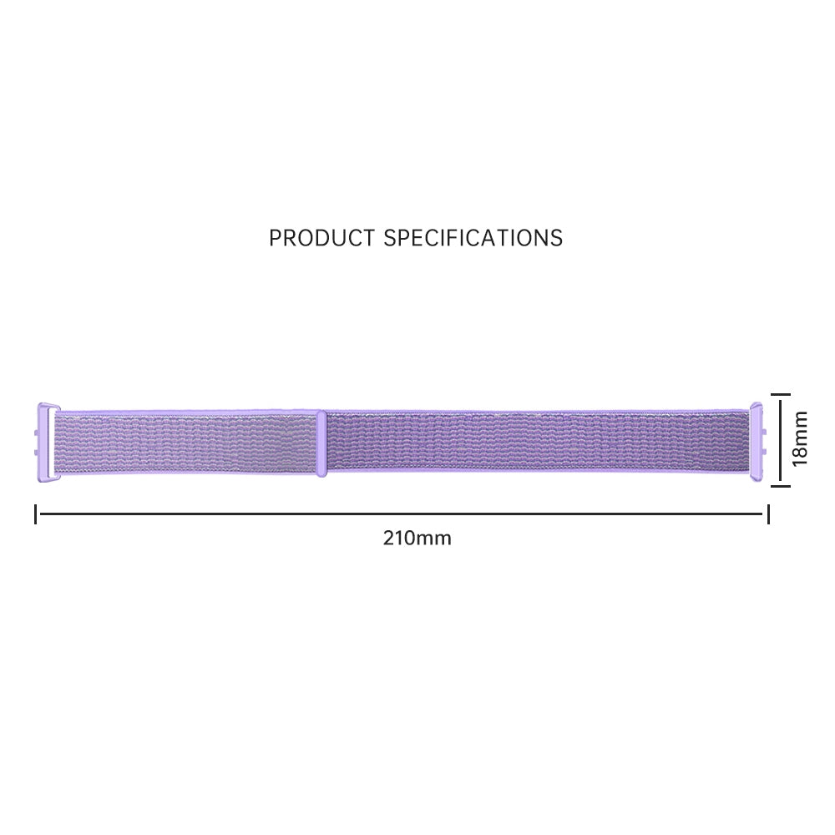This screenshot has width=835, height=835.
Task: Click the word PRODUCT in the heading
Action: point(321,238)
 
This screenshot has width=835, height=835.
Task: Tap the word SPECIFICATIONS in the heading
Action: point(473,238)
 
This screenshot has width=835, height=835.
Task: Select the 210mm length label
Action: point(417,538)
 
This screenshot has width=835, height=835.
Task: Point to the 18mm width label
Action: point(801,439)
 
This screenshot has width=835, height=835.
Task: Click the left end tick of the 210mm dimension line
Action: point(36,514)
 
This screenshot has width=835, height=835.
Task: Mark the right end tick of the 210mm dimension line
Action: point(767,514)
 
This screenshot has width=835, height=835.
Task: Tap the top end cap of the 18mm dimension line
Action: point(780,395)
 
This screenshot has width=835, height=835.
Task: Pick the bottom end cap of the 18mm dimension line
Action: point(780,484)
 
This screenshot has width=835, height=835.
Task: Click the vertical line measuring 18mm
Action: point(780,439)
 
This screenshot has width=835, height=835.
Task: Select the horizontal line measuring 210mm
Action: point(401,514)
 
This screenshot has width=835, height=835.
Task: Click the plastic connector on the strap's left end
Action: point(45,441)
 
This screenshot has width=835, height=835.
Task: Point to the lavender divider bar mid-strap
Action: point(321,443)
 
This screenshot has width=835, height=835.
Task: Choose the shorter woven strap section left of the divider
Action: point(188,443)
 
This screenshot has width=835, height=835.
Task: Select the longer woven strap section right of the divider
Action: point(534,443)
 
